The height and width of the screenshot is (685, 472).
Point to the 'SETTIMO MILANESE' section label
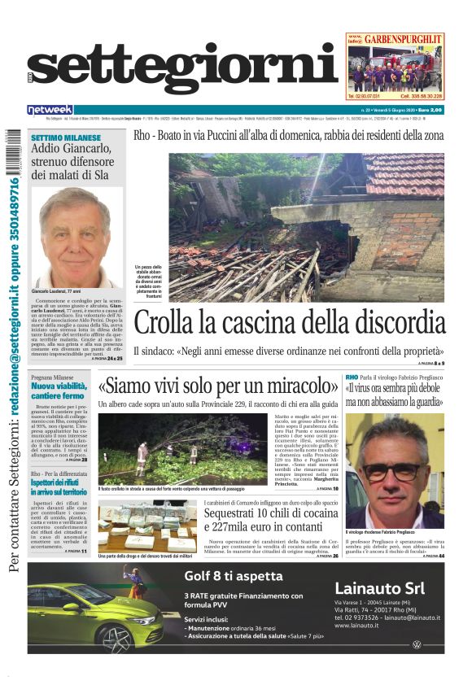pos(64,138)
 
